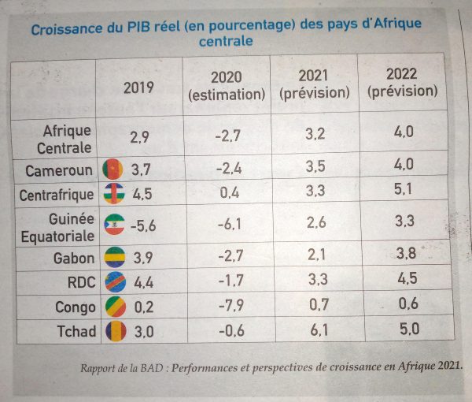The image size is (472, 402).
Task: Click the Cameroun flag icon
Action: tap(112, 169)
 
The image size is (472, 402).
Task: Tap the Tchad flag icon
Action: tap(116, 331)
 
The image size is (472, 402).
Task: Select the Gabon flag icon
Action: tap(115, 257)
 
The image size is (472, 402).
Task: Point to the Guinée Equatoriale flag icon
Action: tap(114, 225)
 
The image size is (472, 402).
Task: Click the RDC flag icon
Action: tap(116, 282)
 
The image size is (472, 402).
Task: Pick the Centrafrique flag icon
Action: tap(114, 194)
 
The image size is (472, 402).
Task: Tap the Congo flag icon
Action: tap(116, 307)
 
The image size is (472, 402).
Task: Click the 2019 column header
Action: tap(138, 87)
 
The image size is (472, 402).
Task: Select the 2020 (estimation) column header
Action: tap(227, 86)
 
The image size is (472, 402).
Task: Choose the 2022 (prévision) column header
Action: tap(402, 83)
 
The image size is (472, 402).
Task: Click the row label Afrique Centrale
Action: tap(65, 140)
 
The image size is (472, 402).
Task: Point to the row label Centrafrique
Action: tap(57, 195)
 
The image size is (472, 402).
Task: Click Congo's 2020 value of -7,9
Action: tap(231, 306)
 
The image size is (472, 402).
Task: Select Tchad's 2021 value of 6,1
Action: tap(319, 330)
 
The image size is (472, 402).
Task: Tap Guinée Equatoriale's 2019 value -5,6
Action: tap(143, 225)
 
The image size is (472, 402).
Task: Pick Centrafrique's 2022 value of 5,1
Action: tap(403, 189)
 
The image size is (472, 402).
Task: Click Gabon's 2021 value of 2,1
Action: tap(317, 255)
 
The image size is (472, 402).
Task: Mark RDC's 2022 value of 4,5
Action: tap(407, 278)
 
